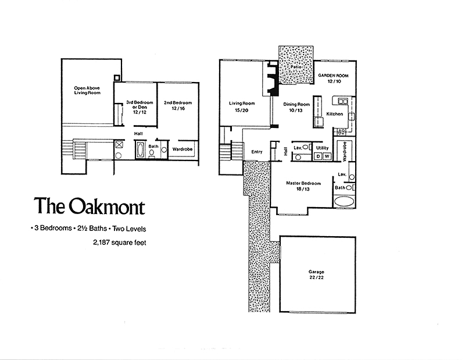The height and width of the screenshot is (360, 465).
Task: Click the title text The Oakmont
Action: click(90, 206)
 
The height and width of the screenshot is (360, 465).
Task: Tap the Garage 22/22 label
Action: click(316, 275)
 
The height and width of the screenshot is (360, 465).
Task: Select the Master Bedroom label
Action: click(303, 183)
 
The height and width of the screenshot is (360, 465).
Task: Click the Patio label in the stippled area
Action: click(296, 67)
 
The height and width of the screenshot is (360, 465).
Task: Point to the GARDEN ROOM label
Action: click(333, 76)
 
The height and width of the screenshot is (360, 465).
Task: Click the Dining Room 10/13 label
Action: click(296, 107)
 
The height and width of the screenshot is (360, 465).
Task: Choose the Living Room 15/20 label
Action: click(242, 106)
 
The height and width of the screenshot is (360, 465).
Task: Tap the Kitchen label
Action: click(335, 114)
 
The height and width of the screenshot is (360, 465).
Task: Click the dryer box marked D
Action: click(319, 156)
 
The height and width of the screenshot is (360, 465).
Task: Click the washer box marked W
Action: click(327, 156)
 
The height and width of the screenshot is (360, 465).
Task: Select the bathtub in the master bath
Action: click(344, 201)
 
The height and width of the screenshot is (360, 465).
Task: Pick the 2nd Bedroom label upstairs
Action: click(178, 105)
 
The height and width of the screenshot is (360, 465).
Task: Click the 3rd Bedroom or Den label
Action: click(139, 107)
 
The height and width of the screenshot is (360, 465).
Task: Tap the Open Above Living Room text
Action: click(87, 90)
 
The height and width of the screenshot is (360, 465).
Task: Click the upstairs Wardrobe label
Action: click(183, 149)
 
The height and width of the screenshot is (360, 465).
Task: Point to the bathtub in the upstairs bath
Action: click(140, 150)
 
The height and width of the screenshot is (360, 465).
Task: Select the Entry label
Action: click(257, 152)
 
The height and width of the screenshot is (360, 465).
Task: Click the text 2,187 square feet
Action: click(120, 243)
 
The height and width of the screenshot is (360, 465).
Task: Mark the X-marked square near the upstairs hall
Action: click(119, 145)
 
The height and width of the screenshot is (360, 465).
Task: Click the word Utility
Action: click(323, 148)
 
